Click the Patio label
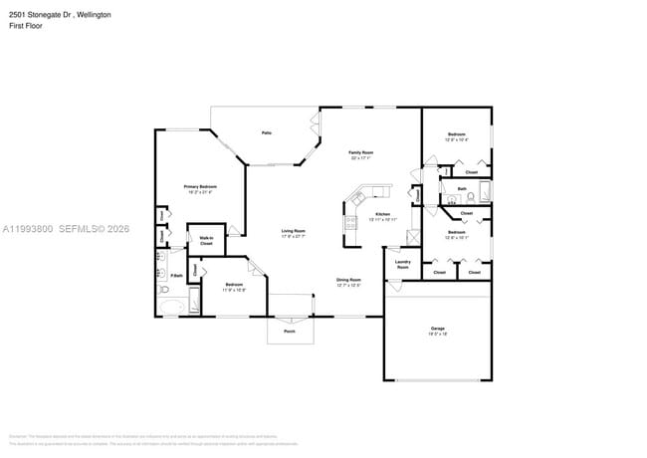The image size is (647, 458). [x=267, y=132]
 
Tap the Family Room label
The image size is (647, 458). [x=359, y=152]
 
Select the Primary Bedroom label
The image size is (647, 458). [x=199, y=186]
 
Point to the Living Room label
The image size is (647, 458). [x=292, y=231]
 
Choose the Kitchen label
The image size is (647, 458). [x=382, y=214]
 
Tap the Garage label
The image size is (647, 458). [x=437, y=328]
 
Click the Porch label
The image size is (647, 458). [x=290, y=332]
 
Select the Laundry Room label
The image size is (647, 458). [x=403, y=265]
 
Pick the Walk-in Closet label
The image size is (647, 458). [x=207, y=240]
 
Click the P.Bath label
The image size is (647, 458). [x=176, y=275]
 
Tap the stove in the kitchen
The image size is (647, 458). [x=350, y=224]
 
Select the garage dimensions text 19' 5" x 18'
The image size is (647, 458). [x=437, y=334]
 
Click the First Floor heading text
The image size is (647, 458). [x=26, y=27]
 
